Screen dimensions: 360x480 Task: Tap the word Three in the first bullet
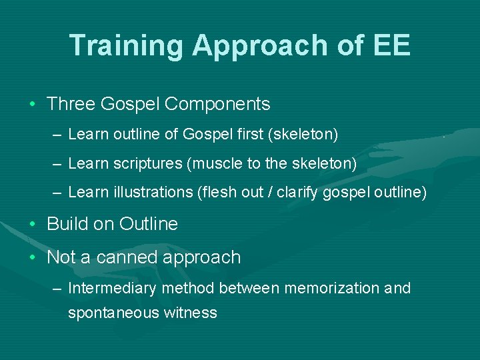point(71,104)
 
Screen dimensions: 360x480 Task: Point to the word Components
point(217,104)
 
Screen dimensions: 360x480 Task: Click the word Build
point(65,224)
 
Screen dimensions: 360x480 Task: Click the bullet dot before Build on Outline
point(33,224)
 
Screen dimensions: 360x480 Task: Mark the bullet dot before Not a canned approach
point(33,257)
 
